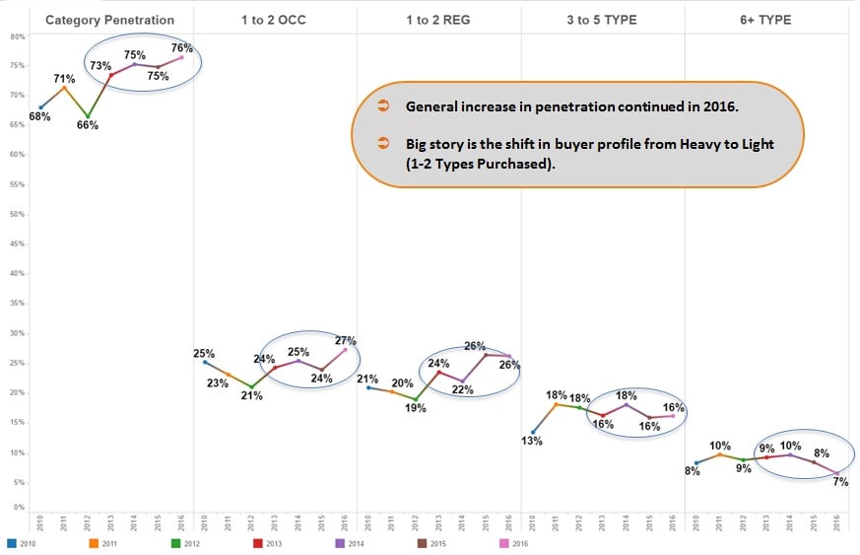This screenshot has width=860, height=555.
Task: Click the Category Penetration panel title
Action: click(109, 20)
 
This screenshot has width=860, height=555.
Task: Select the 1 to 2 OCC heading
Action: click(274, 20)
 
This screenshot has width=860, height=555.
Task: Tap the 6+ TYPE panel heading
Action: click(764, 20)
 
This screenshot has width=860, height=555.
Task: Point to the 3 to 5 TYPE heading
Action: click(601, 20)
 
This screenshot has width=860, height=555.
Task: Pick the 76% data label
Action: click(181, 46)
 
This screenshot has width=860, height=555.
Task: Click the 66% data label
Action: click(87, 125)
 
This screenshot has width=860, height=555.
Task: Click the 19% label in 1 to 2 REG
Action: click(416, 407)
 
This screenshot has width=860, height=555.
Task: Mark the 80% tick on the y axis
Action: click(17, 36)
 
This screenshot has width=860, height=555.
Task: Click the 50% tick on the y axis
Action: click(17, 214)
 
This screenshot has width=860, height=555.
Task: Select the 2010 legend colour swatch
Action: click(11, 542)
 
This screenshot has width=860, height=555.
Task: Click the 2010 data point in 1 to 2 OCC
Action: click(205, 362)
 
